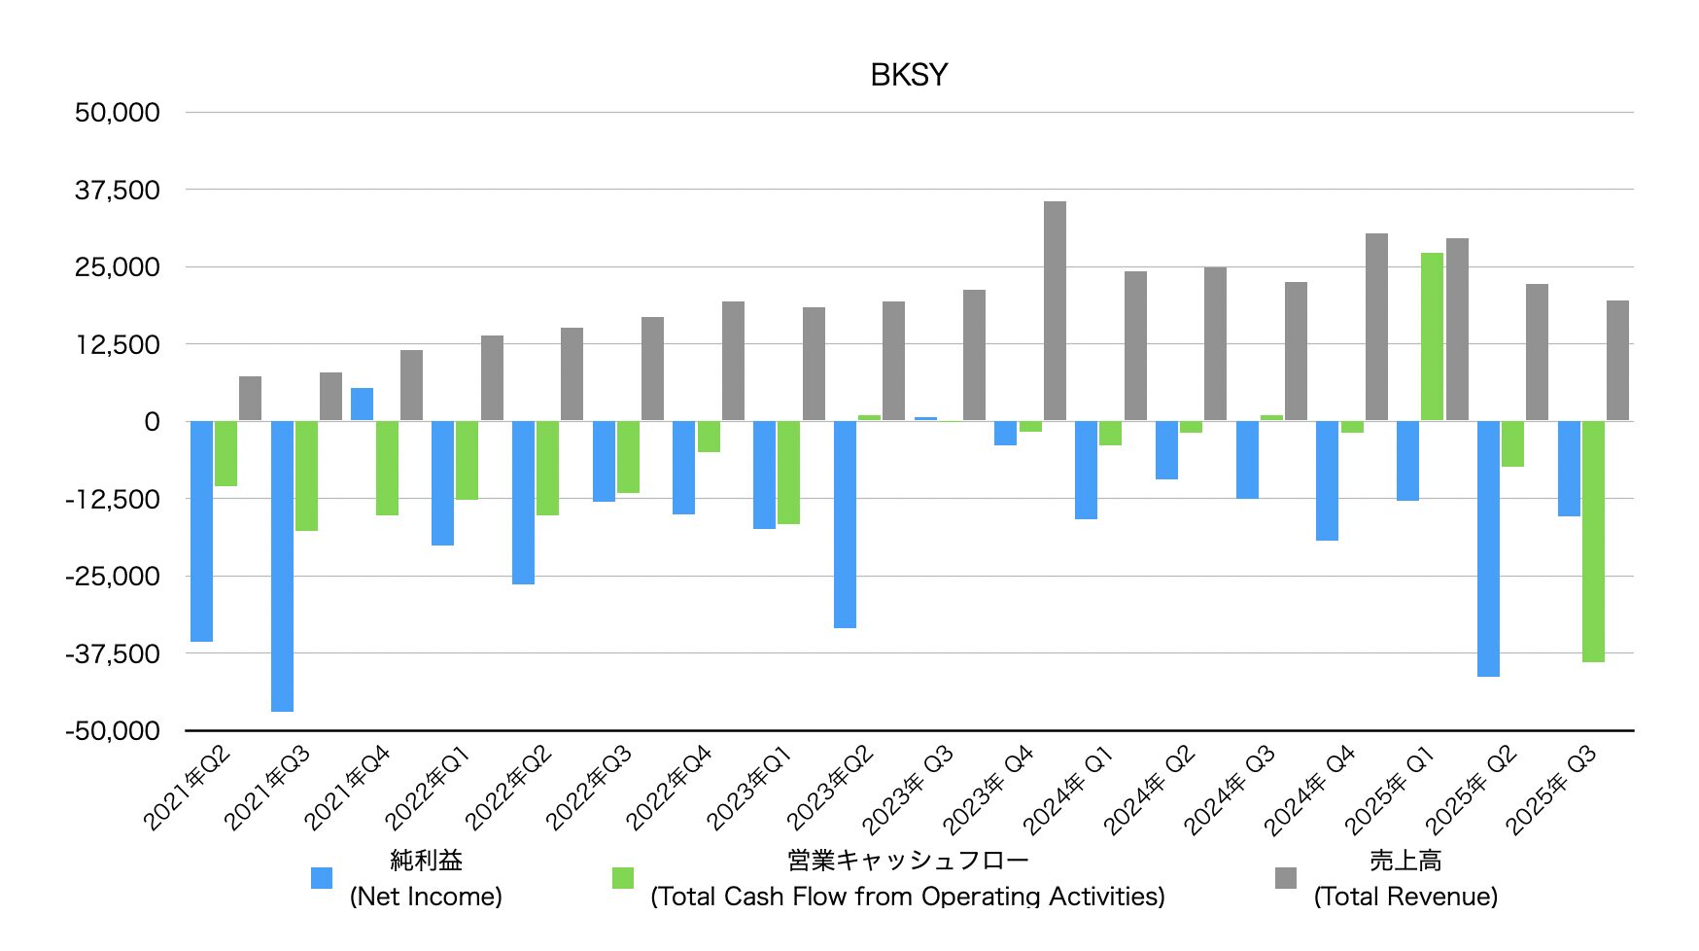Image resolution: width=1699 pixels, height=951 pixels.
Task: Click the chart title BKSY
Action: [908, 75]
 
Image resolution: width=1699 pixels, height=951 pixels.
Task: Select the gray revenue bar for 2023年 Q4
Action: [1055, 311]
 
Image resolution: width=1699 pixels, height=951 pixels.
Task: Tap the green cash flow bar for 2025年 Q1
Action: [1432, 336]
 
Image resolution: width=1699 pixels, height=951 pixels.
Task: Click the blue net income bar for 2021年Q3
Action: [282, 566]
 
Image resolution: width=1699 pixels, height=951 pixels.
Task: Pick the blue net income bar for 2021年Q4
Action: [362, 405]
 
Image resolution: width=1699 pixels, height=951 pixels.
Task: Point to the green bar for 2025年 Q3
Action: [1593, 541]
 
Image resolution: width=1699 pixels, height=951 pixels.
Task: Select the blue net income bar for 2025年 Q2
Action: [1488, 548]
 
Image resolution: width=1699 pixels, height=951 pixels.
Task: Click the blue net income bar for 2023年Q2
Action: [845, 524]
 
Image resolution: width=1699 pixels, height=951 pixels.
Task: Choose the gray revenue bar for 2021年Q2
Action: [250, 399]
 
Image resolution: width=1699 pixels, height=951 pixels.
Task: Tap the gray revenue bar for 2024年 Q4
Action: [1376, 327]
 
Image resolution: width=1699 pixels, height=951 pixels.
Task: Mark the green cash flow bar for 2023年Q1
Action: [788, 473]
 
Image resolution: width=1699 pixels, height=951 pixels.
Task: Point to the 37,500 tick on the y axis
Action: [118, 190]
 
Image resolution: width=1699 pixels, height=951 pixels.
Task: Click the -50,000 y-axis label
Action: [113, 730]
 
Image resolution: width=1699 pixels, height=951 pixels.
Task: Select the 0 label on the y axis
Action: [152, 422]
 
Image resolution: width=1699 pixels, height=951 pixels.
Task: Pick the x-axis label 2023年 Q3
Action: [907, 790]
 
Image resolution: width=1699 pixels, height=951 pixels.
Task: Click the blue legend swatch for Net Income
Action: [322, 878]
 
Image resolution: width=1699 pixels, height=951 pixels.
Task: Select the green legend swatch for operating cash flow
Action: [623, 878]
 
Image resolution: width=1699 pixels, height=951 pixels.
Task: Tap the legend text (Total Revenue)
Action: [1405, 896]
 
